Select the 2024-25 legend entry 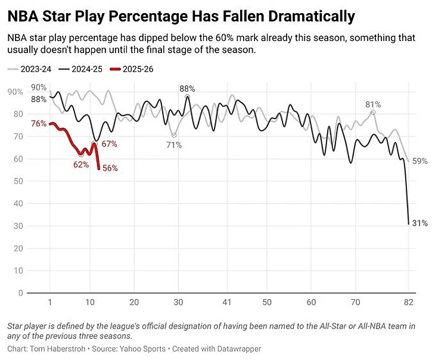(86, 69)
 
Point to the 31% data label (420, 224)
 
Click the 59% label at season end (420, 161)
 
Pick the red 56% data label (110, 169)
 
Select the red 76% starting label (39, 124)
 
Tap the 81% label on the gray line (373, 104)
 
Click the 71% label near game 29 (173, 145)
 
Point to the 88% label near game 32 (187, 88)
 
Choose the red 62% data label (81, 165)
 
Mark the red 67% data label (109, 144)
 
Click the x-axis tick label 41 (226, 302)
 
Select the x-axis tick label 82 (409, 302)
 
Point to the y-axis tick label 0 (21, 293)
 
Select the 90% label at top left (39, 88)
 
